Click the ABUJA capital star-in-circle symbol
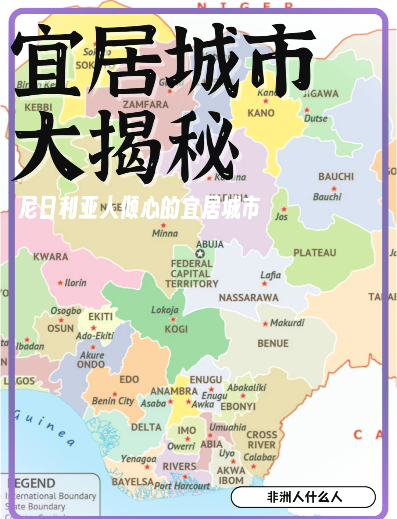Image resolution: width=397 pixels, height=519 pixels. point(200,254)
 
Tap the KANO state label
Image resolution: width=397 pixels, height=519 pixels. point(261,113)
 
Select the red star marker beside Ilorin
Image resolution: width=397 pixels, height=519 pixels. point(60,283)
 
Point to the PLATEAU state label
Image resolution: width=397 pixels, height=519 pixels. point(315,253)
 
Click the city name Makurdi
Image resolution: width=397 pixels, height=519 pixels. point(287,323)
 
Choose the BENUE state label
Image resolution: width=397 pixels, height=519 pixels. point(273,343)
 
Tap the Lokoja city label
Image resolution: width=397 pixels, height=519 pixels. point(165,310)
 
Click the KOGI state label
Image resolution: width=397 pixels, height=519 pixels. point(176,329)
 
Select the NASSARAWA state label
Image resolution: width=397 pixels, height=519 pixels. point(248,297)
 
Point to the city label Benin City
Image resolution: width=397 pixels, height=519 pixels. point(113,401)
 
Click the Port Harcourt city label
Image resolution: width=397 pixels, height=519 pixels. point(182,486)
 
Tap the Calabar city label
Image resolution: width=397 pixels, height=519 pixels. point(259,457)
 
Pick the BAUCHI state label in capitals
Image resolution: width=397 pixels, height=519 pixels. point(336,177)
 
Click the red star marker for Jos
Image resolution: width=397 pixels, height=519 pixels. point(284,209)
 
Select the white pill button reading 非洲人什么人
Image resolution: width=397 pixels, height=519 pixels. point(303,497)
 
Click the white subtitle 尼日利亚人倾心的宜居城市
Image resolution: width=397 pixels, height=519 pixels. point(140,208)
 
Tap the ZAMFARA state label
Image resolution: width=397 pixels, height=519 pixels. point(146,105)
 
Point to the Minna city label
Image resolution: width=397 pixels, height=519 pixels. point(165,233)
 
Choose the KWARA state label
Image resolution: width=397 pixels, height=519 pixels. point(51,257)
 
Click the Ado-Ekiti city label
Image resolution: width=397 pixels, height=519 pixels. point(95,336)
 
